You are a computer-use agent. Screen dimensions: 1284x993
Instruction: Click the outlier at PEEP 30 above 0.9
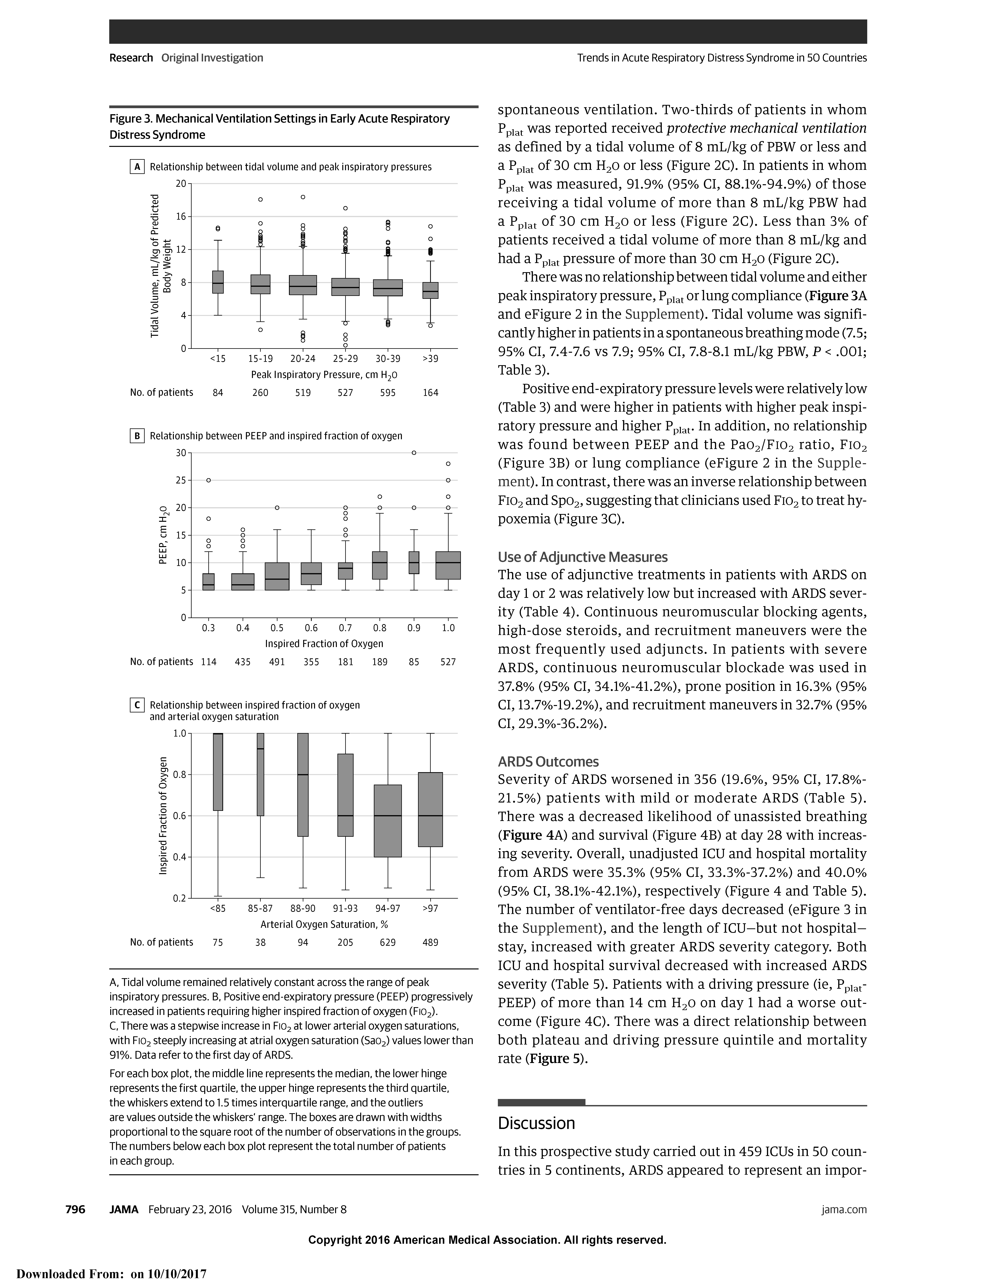point(414,453)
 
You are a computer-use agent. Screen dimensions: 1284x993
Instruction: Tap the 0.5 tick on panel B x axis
point(277,628)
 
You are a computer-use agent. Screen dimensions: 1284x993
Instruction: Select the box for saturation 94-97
point(388,821)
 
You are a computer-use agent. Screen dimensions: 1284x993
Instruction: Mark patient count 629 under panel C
point(388,942)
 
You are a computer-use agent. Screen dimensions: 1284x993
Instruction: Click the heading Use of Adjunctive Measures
point(582,557)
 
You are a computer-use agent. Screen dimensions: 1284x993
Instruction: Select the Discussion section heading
point(536,1123)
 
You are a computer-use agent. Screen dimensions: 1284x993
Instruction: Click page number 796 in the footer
point(75,1209)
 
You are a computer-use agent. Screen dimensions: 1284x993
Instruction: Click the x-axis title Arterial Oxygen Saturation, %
point(324,924)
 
